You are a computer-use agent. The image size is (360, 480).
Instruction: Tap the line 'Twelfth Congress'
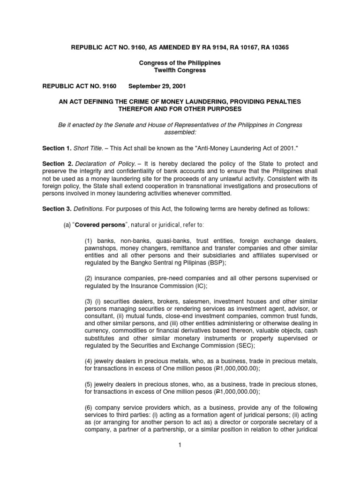point(180,70)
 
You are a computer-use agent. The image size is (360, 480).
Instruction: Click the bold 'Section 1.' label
point(57,148)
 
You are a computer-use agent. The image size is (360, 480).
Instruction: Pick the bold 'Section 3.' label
point(57,209)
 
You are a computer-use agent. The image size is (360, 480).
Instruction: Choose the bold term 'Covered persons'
point(100,225)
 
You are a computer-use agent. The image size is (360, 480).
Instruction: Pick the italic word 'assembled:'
point(180,132)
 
